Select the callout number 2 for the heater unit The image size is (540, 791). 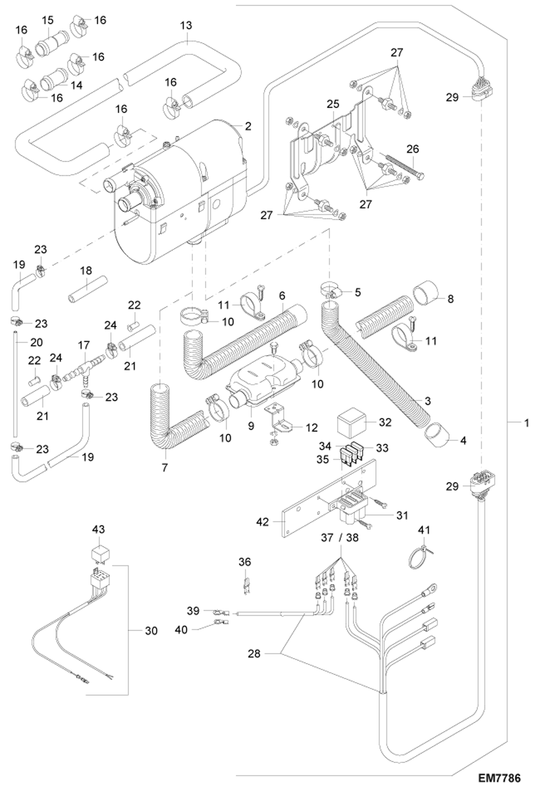248,127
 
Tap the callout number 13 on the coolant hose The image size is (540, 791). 186,26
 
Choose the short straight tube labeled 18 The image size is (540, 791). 88,289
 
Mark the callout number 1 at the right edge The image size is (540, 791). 526,423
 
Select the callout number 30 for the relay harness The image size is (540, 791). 151,631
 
